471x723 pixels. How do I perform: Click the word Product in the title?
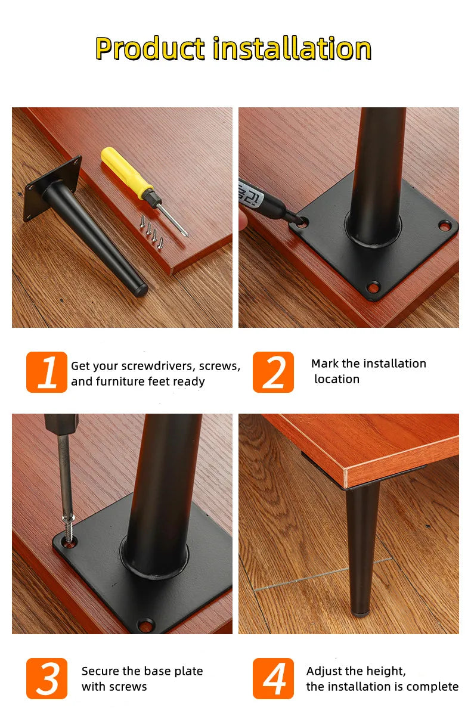(x=150, y=48)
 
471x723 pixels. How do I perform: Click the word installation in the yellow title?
(x=292, y=48)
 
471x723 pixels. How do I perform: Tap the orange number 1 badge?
(x=47, y=372)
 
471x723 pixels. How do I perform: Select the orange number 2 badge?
(x=273, y=372)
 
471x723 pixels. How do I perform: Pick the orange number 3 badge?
(x=47, y=678)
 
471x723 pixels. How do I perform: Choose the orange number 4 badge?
(x=273, y=678)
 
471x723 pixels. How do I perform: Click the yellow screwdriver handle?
(x=126, y=173)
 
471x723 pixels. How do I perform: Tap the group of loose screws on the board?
(x=151, y=232)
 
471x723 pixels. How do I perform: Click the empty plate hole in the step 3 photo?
(x=145, y=625)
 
